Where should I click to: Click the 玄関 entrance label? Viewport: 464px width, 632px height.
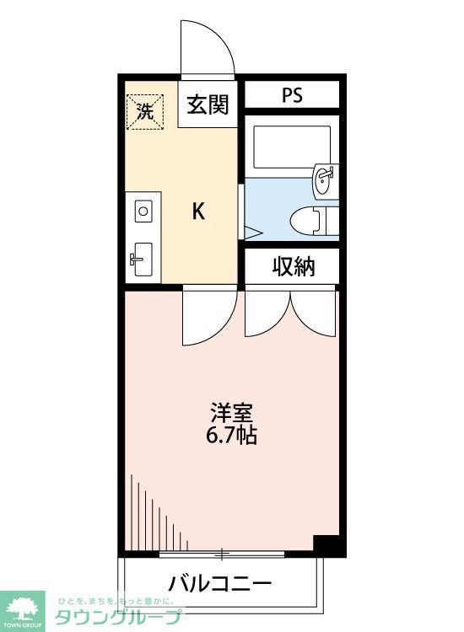tap(208, 104)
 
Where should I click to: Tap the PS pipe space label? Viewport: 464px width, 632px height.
tap(292, 94)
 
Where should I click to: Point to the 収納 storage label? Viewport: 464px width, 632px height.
tap(293, 267)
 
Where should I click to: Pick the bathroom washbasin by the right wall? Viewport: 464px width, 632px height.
tap(324, 179)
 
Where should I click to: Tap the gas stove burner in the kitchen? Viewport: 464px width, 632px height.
tap(143, 210)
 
